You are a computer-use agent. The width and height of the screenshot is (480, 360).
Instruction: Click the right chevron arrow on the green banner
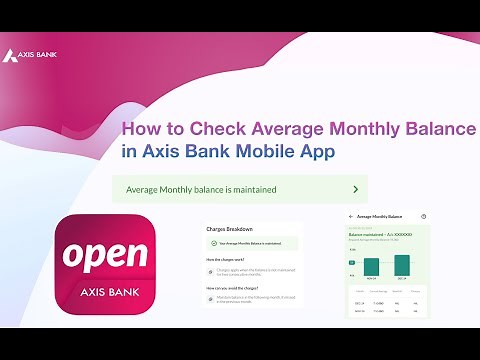click(355, 188)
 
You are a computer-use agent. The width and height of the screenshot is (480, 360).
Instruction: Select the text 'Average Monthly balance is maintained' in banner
click(201, 188)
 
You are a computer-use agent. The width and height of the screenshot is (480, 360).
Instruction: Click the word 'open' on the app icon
click(105, 255)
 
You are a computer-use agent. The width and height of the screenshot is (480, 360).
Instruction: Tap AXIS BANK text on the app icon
click(105, 295)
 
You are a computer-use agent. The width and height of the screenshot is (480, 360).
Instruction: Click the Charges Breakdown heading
click(230, 229)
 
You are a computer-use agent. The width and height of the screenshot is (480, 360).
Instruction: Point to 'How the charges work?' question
click(232, 258)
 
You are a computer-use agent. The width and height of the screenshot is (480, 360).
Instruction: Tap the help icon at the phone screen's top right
click(424, 217)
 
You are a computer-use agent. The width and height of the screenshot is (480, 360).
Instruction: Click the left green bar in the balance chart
click(371, 264)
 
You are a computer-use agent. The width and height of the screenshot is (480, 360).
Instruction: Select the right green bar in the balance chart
click(402, 263)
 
